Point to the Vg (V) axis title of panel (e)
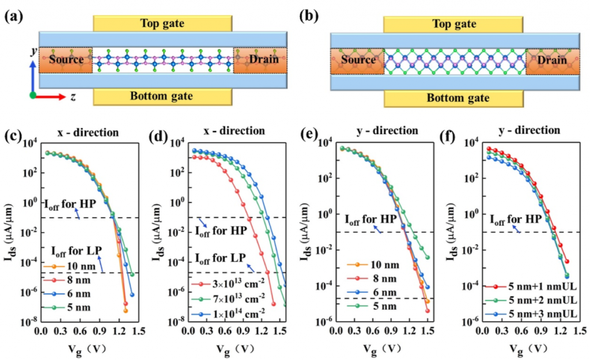coord(379,348)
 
